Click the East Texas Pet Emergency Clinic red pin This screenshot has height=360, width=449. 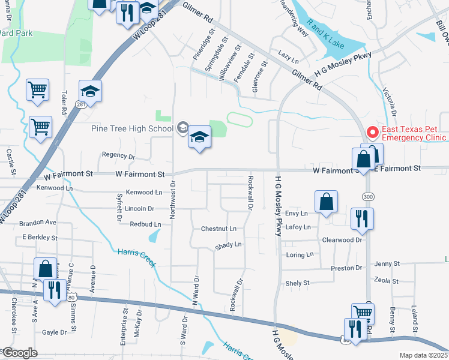coord(372,131)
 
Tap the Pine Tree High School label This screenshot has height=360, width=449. coord(132,128)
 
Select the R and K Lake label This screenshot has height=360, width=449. coord(325,34)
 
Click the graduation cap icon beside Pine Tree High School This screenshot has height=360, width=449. coord(199,138)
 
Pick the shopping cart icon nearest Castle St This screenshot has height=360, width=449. coord(41,127)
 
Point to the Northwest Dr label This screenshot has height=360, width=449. coord(172,199)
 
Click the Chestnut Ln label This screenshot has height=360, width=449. coord(218,229)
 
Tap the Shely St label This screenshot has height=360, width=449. coord(298,283)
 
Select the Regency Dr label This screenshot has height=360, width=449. coord(118,155)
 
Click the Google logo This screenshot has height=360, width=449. coord(20,353)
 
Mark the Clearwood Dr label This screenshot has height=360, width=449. coord(343,239)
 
